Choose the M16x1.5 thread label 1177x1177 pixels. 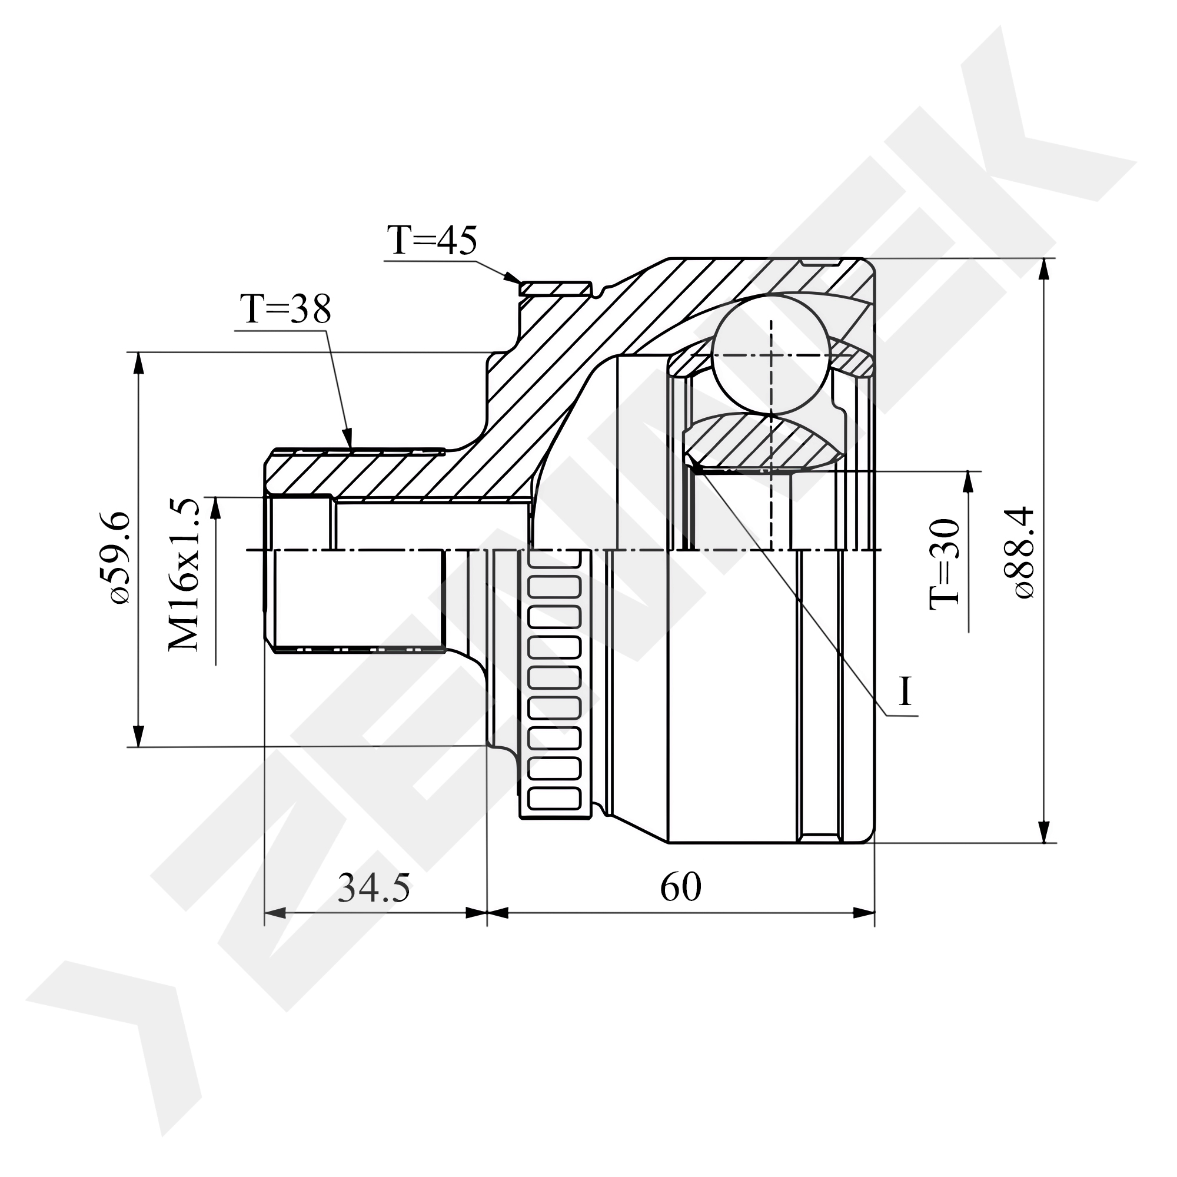click(184, 574)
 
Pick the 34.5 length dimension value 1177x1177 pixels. click(374, 887)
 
